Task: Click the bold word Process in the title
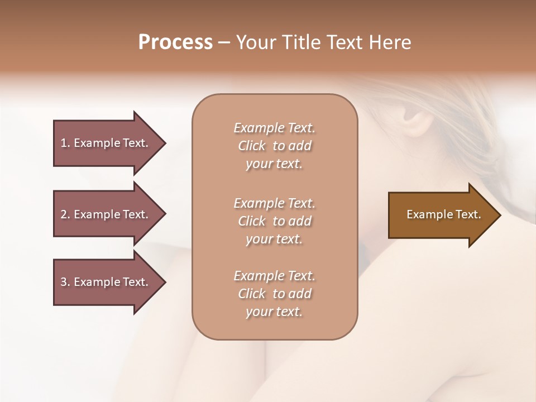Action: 175,42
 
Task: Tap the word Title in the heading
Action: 299,42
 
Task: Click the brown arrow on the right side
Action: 441,215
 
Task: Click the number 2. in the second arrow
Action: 65,214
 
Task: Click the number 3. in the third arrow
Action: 65,282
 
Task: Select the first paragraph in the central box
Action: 275,146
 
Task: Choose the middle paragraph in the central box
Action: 275,221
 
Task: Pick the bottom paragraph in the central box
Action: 275,294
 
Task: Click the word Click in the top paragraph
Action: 252,146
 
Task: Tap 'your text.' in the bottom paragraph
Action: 274,312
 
